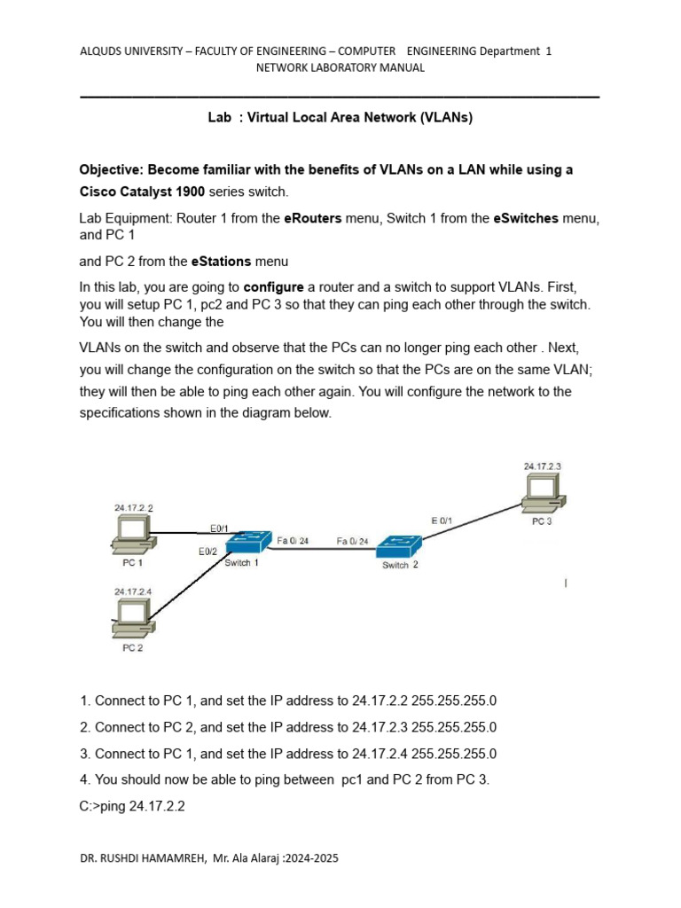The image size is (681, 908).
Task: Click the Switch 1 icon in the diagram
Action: click(246, 545)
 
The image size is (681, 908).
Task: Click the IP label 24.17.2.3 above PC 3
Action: click(542, 466)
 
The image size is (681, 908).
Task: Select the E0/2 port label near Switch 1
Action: click(208, 552)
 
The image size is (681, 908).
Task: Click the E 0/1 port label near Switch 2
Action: click(442, 521)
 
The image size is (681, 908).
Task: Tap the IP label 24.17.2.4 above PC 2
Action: click(133, 591)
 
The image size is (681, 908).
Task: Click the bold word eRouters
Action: click(312, 218)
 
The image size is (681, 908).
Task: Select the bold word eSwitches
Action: click(525, 218)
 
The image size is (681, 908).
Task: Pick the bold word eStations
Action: click(221, 262)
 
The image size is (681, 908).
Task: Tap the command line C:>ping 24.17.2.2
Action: click(132, 807)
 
